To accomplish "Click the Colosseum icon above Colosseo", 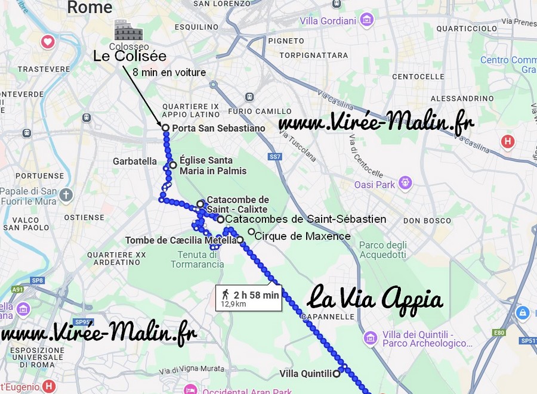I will coord(128,30).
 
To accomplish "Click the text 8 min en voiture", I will coord(169,73).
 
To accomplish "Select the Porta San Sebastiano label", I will coord(218,128).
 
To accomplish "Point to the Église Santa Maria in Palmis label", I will coord(212,166).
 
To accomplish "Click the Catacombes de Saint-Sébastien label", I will coord(305,219).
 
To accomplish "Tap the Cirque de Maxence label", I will coord(303,236).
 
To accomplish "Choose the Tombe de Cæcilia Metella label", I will coord(180,241).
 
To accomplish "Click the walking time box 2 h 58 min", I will coord(248,298).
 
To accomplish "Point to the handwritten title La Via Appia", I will coord(376,298).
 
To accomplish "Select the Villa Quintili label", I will coord(305,374).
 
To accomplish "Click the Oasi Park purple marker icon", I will coord(406,182).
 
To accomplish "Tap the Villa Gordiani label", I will coord(328,21).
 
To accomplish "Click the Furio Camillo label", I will coord(251,111).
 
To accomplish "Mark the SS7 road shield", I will coord(274,157).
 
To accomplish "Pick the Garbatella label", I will coord(135,161).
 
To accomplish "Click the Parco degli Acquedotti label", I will coord(382,250).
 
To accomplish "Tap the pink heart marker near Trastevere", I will coord(48,42).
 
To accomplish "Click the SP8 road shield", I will coord(38,280).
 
